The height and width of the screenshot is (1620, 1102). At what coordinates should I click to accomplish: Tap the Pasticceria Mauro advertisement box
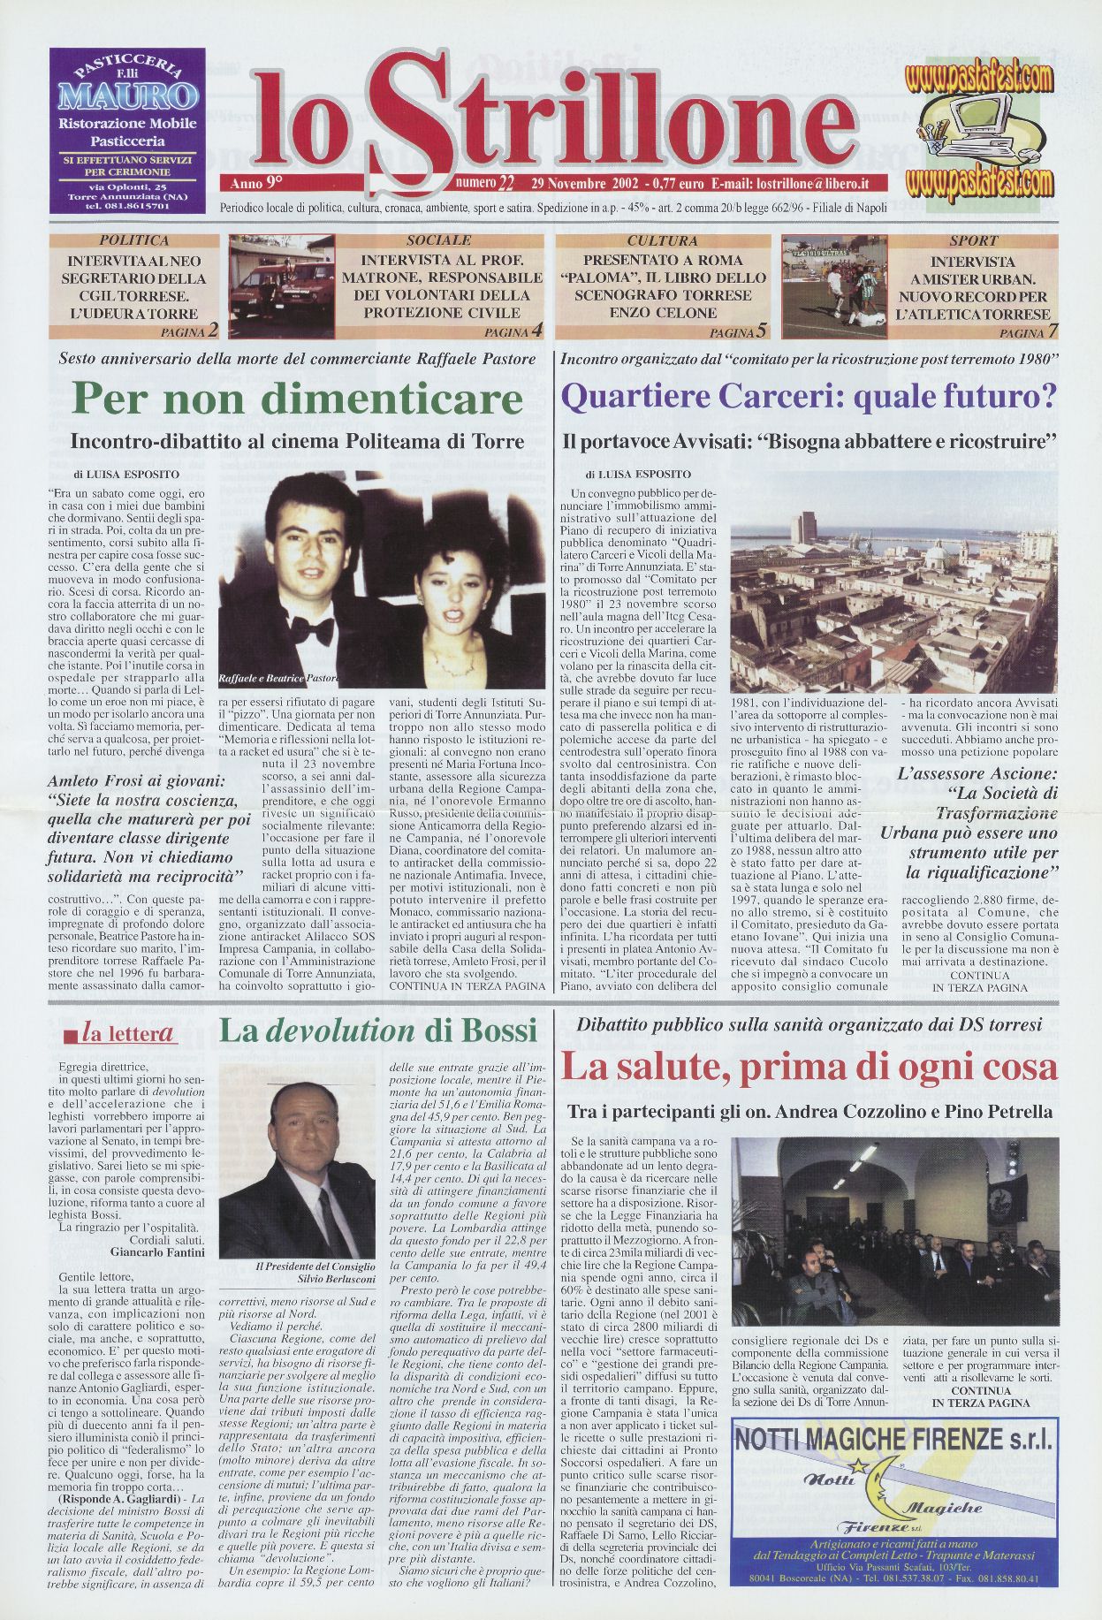coord(127,131)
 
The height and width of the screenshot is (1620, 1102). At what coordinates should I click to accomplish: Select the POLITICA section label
coord(134,240)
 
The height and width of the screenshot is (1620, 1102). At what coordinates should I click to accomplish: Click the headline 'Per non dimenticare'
coord(297,399)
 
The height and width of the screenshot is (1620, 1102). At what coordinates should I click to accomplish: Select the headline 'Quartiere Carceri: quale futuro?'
coord(809,397)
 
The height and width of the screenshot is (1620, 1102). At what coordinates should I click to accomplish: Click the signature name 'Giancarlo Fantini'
coord(158,1251)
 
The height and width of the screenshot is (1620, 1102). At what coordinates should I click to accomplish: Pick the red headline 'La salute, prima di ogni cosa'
coord(809,1067)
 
